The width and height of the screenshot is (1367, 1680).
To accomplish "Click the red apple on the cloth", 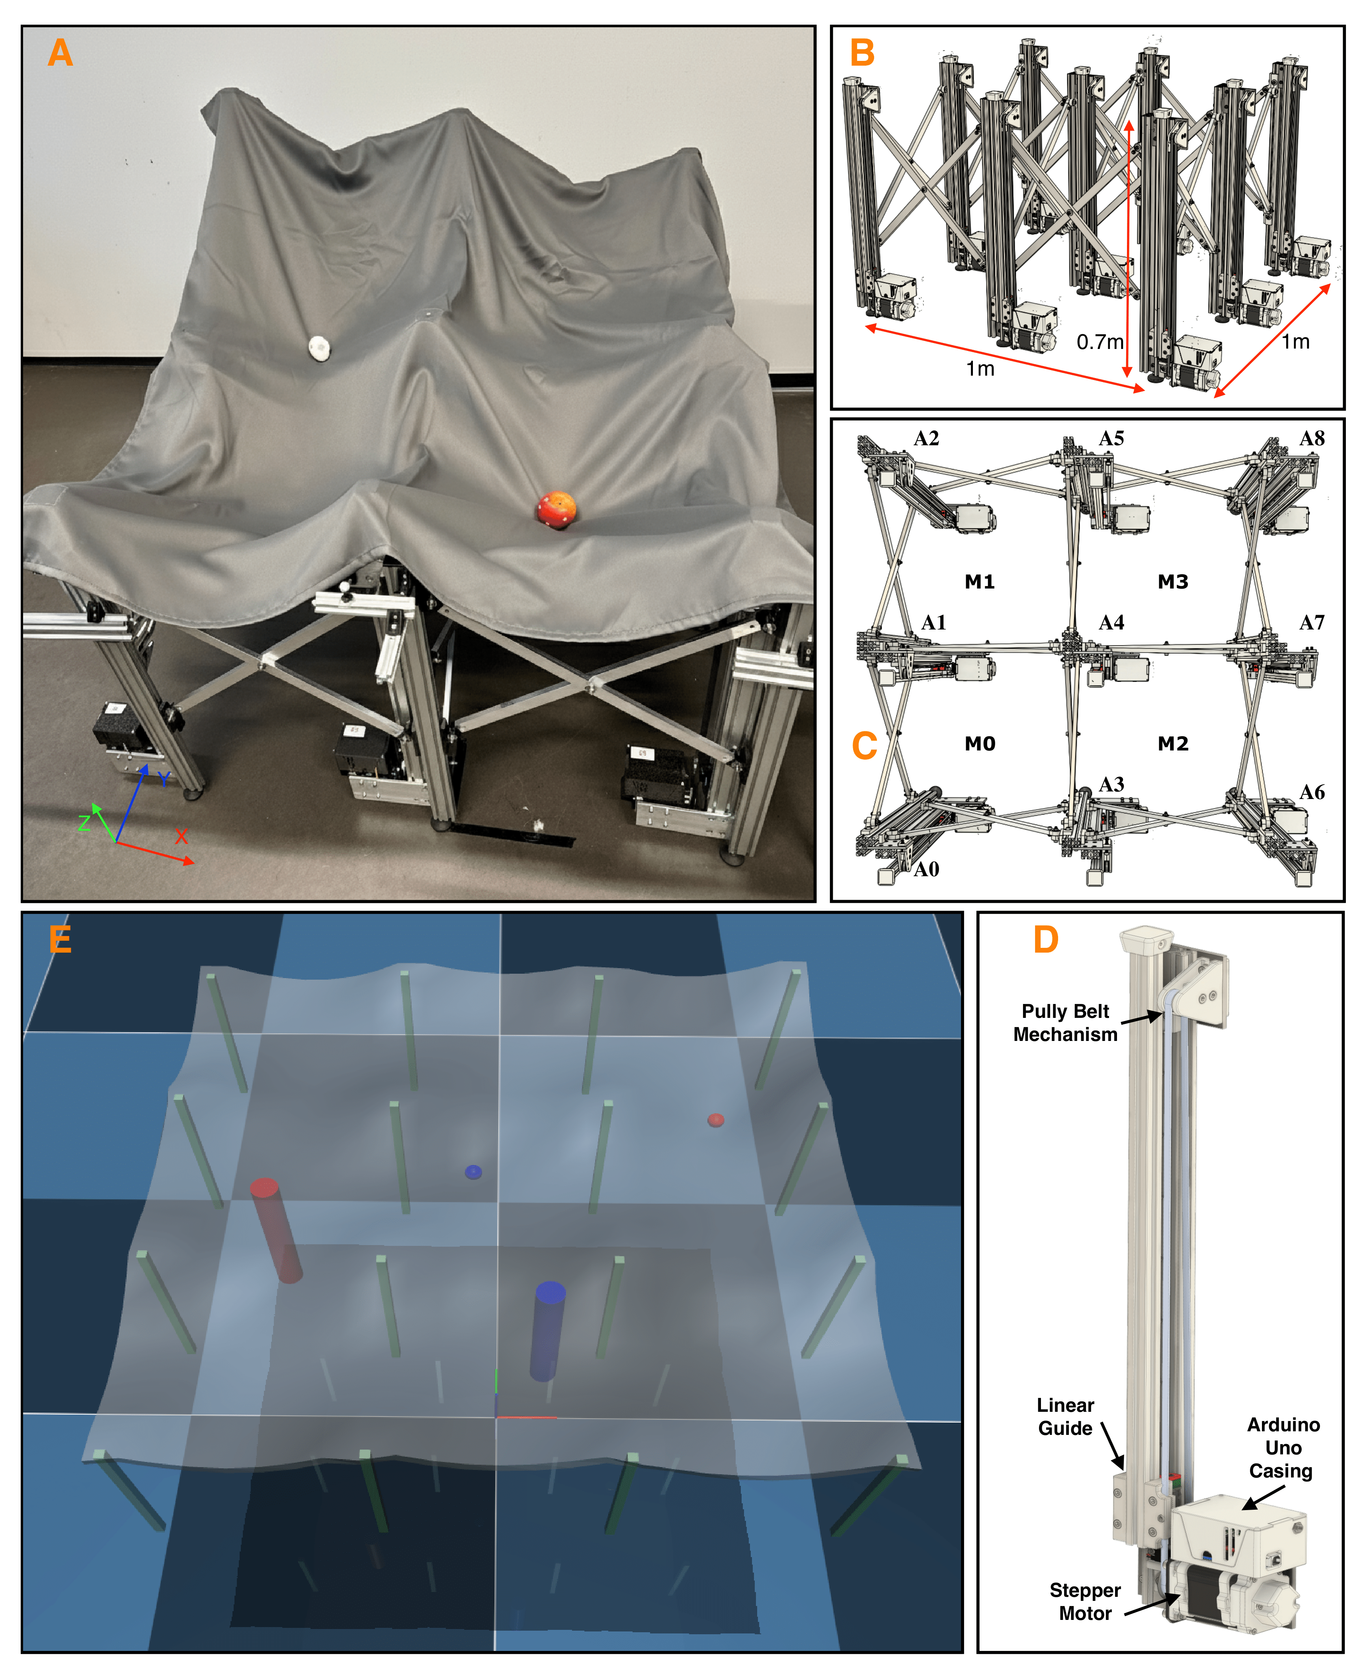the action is pyautogui.click(x=557, y=509).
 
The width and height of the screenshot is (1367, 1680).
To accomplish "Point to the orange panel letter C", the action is pyautogui.click(x=865, y=746).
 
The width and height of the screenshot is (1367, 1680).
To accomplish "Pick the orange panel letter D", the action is pyautogui.click(x=1046, y=939).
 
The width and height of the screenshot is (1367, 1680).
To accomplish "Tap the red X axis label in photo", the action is pyautogui.click(x=181, y=836).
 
